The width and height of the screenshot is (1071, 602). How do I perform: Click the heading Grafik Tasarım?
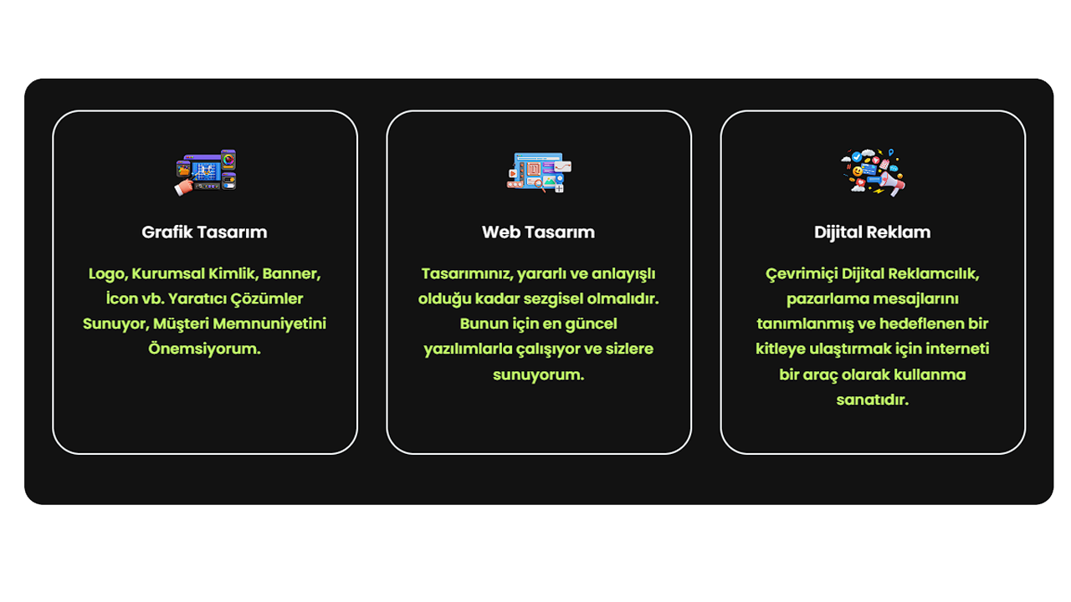[x=204, y=232]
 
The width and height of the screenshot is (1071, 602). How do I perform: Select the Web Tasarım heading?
[x=538, y=232]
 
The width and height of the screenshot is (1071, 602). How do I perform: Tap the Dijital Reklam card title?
[x=872, y=232]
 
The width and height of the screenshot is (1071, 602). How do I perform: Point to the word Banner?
[x=291, y=273]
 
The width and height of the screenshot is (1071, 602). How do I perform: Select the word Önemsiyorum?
[x=204, y=349]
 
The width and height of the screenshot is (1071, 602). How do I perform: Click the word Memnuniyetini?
[x=269, y=324]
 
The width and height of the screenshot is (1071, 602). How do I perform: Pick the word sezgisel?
[x=553, y=299]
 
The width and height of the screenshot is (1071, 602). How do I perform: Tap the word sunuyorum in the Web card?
[x=538, y=375]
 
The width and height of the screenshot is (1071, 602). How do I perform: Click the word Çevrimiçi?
[x=802, y=274]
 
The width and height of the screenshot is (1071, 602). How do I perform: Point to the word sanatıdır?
[x=872, y=400]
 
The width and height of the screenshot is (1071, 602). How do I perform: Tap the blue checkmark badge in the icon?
[x=857, y=156]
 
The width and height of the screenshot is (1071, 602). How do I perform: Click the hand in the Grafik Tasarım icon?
[x=184, y=186]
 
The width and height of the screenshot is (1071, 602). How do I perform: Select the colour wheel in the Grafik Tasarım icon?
[x=228, y=160]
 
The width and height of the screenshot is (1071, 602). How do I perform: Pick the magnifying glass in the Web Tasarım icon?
[x=540, y=185]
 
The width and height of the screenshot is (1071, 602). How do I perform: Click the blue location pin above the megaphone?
[x=891, y=153]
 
